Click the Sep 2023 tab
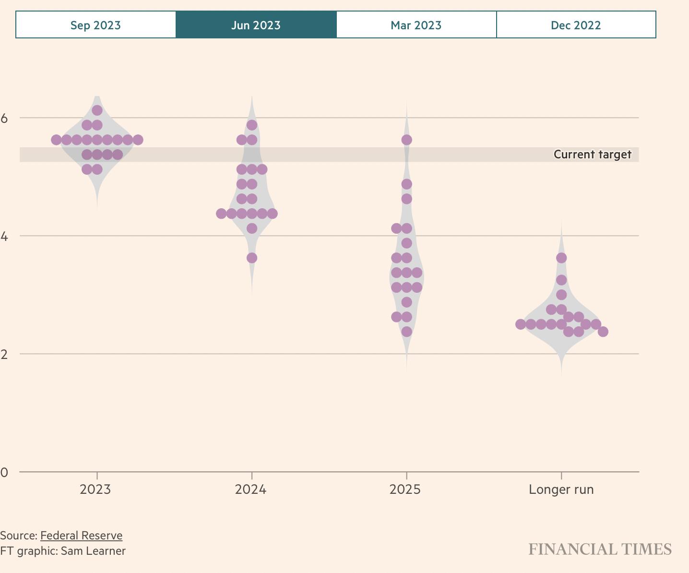(95, 25)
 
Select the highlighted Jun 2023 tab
(256, 25)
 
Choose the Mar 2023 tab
(416, 25)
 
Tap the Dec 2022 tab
(576, 25)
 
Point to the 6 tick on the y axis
(5, 118)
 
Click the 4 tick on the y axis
(5, 236)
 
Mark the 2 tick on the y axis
(5, 354)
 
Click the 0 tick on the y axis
(5, 472)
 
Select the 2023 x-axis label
(95, 489)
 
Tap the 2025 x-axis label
(405, 489)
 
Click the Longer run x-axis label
(561, 489)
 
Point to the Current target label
(593, 155)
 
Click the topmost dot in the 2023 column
(97, 110)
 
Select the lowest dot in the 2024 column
(252, 258)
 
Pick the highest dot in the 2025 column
(406, 140)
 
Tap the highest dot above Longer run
(561, 258)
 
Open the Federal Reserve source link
(81, 536)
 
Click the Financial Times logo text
(600, 549)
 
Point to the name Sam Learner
(93, 551)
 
